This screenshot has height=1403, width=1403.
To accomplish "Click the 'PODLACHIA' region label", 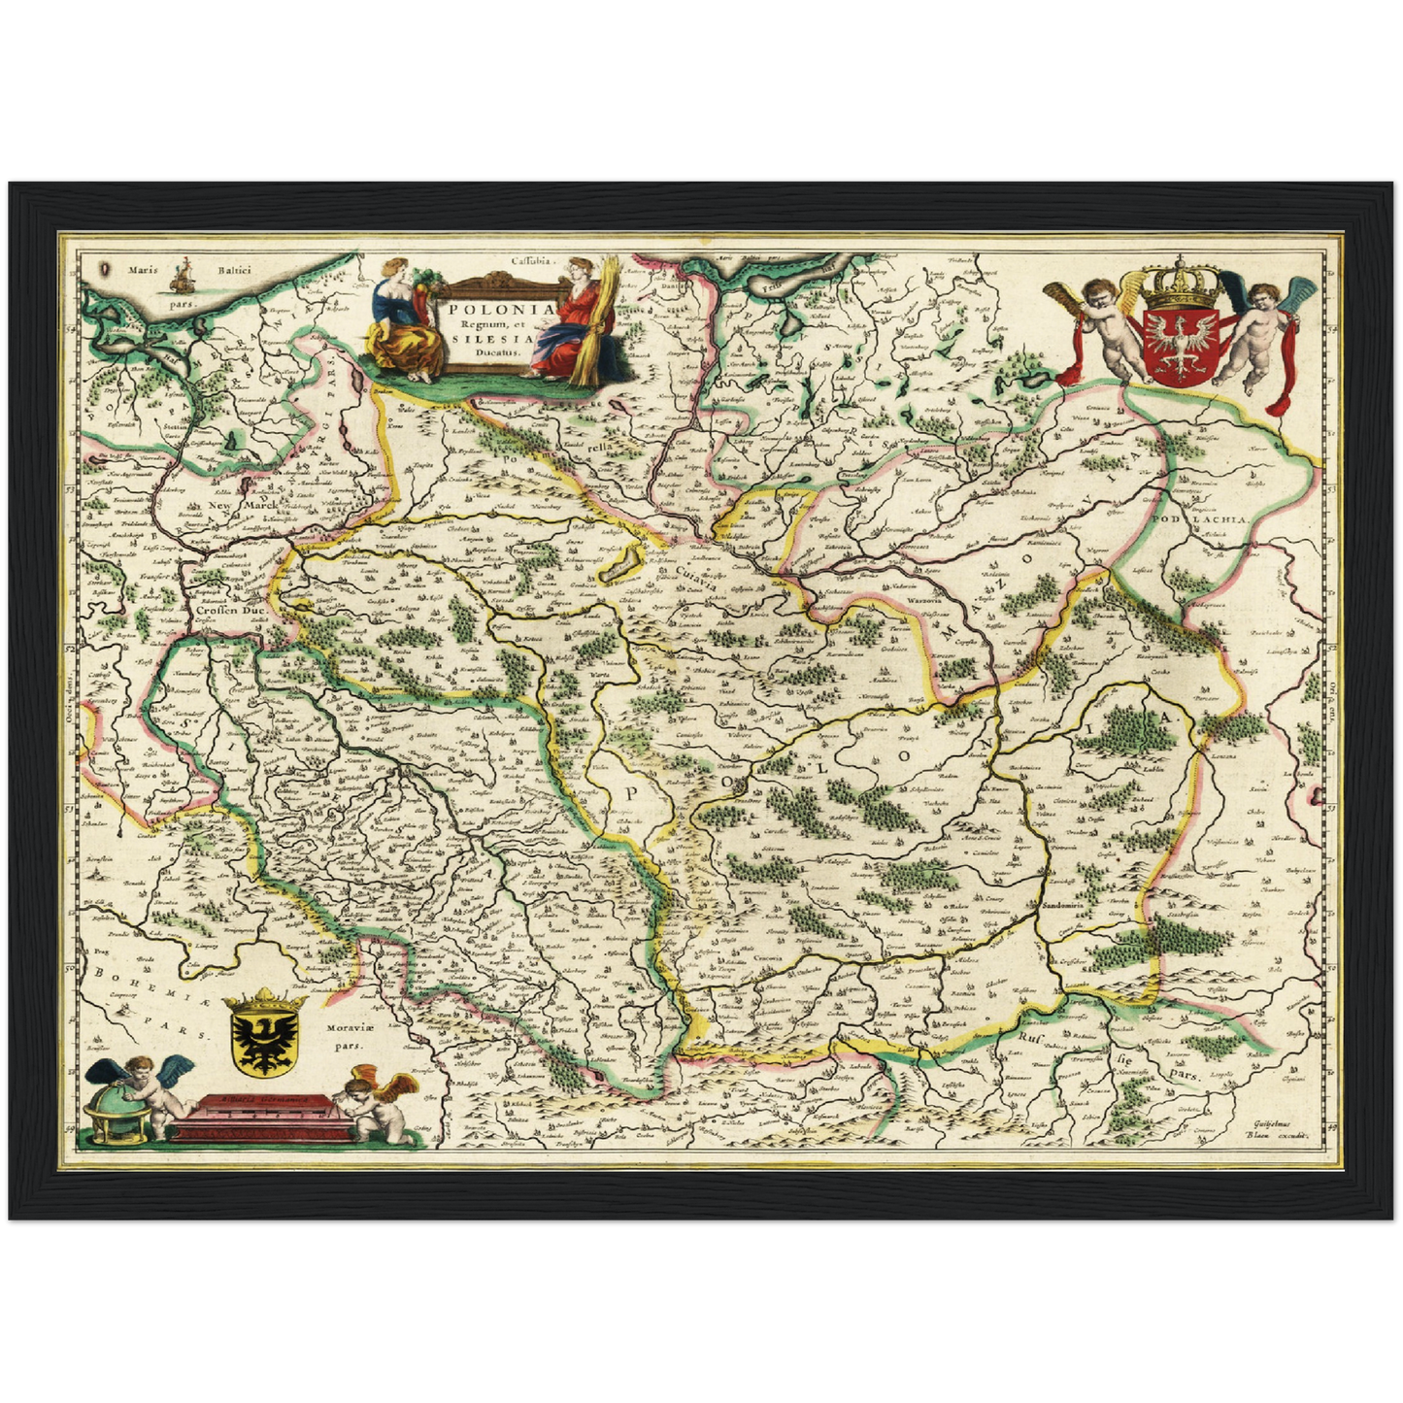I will tap(1204, 520).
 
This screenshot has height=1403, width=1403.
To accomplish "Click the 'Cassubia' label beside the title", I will tap(531, 260).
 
